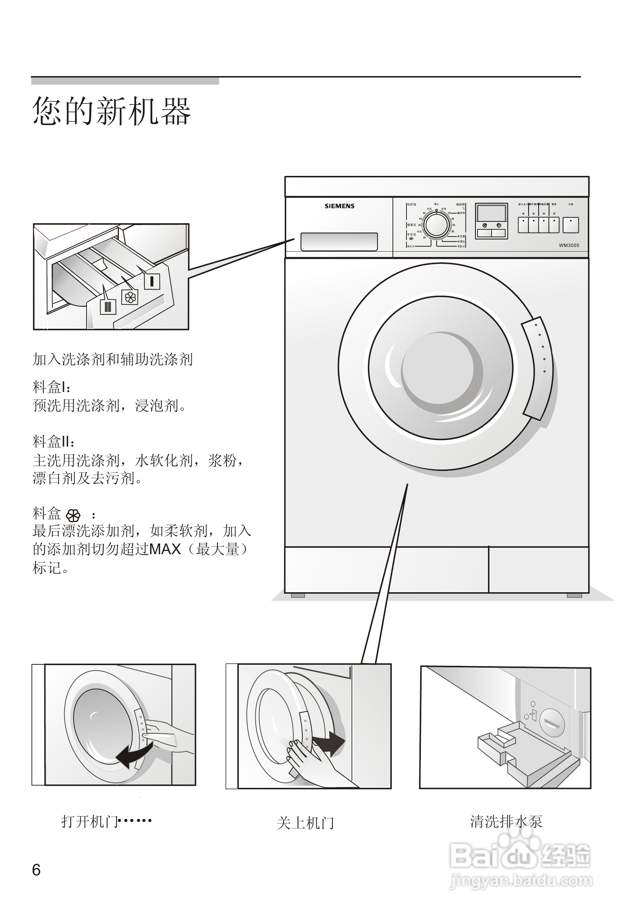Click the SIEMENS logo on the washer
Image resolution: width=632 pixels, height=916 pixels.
coord(339,206)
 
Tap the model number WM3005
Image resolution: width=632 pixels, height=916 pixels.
coord(569,246)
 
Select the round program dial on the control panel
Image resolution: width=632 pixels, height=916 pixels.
coord(437,225)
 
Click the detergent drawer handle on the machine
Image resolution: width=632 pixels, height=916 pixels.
coord(339,242)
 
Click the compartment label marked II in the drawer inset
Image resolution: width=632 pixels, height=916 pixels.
coord(108,307)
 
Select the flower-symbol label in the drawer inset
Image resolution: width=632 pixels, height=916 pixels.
coord(130,297)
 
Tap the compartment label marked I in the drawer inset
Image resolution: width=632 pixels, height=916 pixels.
coord(152,281)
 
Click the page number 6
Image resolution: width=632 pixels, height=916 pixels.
coord(36,870)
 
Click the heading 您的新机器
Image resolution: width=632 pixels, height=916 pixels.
coord(112,111)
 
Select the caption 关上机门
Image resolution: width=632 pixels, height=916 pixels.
coord(305,823)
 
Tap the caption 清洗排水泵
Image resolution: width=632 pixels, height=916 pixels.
coord(506,822)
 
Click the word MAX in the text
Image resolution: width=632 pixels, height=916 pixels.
coord(165,550)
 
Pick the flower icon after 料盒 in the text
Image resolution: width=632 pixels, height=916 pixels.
coord(73,515)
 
